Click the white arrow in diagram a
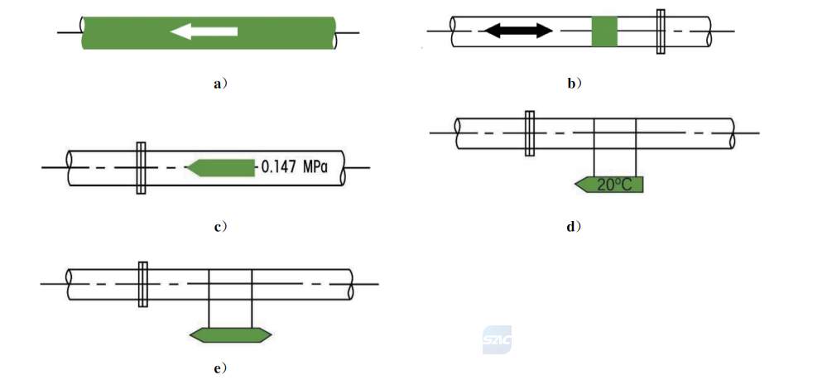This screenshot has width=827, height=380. coord(204,31)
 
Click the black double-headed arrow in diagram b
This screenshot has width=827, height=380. coord(518,31)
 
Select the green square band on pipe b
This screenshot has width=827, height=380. coord(604,31)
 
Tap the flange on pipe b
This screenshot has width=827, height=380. coord(661,31)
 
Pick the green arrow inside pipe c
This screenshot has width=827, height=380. coord(222,168)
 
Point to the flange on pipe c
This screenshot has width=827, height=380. coord(141,168)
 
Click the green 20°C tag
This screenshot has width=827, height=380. coord(609,185)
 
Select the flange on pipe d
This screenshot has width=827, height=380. coord(530,133)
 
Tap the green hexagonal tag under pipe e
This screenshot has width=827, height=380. coord(230,335)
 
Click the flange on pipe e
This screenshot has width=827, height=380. coord(142,284)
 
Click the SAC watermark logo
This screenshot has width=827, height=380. coord(497,339)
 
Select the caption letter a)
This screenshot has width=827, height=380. coord(220,84)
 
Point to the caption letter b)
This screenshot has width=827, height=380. coord(575,84)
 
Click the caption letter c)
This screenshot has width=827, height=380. coord(220,227)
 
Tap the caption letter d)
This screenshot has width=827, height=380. coord(574,227)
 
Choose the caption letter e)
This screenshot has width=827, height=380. coord(220,368)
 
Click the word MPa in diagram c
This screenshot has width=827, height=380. coord(315,168)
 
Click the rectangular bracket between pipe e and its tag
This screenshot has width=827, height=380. coord(230,299)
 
